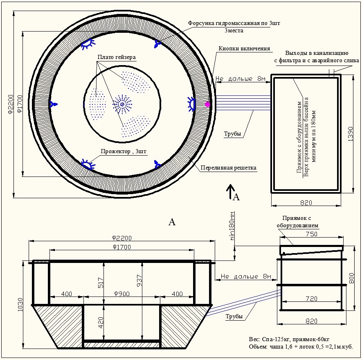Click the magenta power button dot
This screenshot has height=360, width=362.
(x=207, y=104)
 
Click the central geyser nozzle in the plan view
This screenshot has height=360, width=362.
(x=122, y=104)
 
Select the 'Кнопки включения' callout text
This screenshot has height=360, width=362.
(x=244, y=48)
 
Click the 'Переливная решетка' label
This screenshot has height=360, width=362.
(x=228, y=168)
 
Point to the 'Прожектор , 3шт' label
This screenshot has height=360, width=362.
(x=124, y=152)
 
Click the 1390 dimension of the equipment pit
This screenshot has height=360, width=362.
(x=350, y=134)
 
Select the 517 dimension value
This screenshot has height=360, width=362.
(x=101, y=283)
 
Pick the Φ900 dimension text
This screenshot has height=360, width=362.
(x=121, y=294)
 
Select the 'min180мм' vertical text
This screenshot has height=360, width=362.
(x=232, y=226)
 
